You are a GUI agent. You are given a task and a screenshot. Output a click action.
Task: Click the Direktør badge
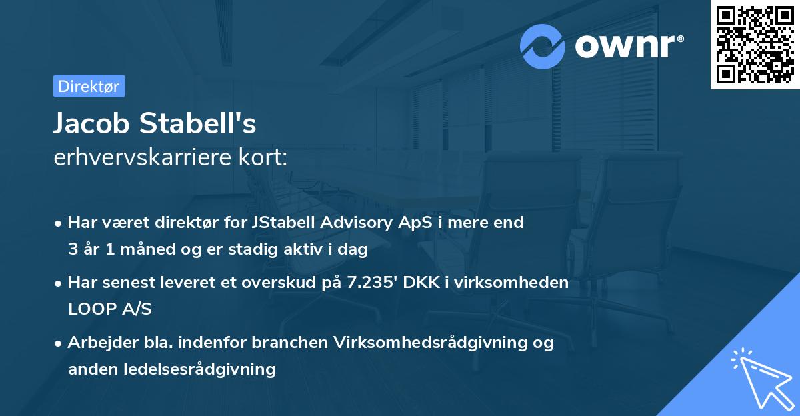click(89, 86)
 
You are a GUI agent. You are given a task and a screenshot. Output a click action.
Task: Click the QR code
click(754, 45)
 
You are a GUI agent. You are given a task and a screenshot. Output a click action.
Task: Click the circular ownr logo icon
click(543, 46)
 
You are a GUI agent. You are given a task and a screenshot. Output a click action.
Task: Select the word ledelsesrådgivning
click(200, 369)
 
